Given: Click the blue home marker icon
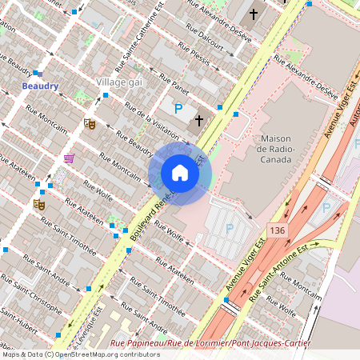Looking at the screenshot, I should [180, 172].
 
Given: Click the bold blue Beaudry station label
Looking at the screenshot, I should [39, 86].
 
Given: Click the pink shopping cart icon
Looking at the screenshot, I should [69, 158].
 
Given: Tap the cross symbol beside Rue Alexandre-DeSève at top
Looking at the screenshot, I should [254, 14].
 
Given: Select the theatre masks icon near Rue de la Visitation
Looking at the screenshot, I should [90, 124].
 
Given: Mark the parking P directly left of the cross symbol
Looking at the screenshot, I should [178, 108].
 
